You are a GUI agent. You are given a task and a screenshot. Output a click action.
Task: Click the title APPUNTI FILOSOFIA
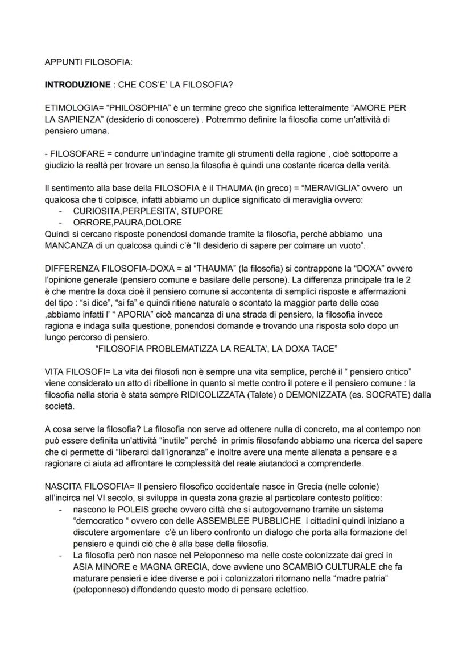(x=88, y=62)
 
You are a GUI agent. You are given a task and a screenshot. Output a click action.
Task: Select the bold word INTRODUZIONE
(x=77, y=85)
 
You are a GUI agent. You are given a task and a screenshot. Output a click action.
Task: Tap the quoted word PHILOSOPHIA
(x=132, y=107)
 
